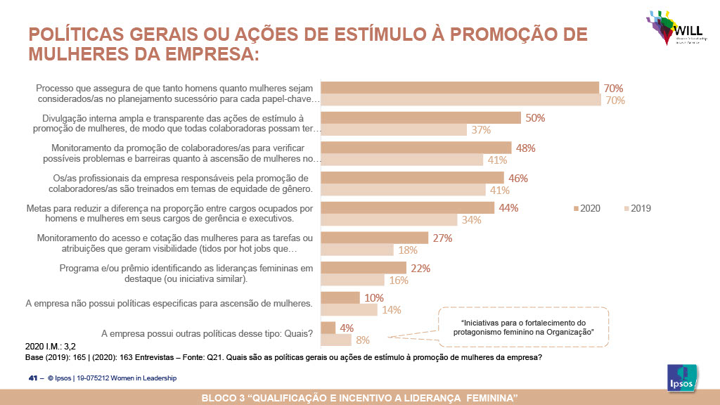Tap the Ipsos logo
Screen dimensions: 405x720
point(681,379)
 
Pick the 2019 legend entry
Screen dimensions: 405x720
point(638,208)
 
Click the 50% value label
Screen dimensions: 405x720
point(535,118)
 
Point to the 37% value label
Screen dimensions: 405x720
point(481,130)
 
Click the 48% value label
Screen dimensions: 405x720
point(526,148)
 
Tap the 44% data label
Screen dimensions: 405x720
point(508,207)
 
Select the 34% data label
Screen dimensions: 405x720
point(472,220)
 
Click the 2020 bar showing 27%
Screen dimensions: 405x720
point(373,238)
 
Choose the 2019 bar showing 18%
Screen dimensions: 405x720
point(356,250)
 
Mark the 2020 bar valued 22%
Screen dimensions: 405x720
point(363,268)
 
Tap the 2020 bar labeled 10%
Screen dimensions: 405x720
point(340,297)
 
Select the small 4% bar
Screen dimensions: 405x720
point(328,328)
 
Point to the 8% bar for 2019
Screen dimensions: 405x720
point(335,340)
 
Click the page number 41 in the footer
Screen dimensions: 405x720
point(32,378)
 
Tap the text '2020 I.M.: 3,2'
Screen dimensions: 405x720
point(51,347)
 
